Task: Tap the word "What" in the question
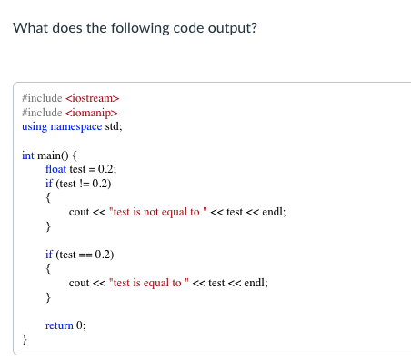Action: (30, 27)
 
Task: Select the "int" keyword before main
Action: (27, 155)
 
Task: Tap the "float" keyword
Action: (55, 169)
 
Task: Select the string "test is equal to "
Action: (151, 283)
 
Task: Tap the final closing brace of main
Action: (25, 339)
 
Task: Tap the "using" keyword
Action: (35, 126)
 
